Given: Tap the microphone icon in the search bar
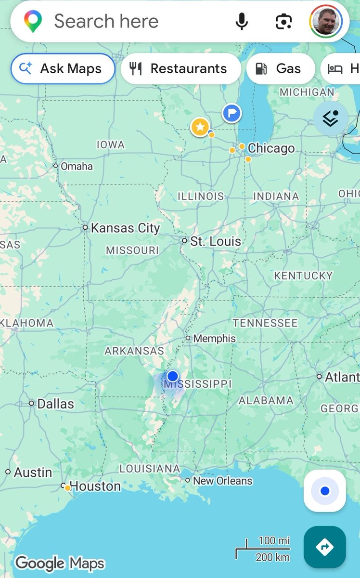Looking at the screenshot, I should (x=242, y=21).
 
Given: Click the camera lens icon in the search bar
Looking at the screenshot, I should (x=284, y=21).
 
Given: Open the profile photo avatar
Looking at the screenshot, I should (x=326, y=21).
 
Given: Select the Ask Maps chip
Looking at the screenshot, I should (x=63, y=68).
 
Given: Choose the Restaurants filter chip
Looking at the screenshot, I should (x=180, y=68).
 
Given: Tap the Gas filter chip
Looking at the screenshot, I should (x=281, y=68).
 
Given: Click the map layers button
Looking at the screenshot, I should (x=331, y=118).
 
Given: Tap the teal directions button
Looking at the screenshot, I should (x=325, y=547).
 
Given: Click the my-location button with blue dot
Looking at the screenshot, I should (x=325, y=491).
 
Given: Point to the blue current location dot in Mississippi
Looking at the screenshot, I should (x=172, y=376).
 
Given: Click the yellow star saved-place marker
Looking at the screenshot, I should (x=200, y=127).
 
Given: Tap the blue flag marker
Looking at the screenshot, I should (x=232, y=113).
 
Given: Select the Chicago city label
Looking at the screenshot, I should (x=271, y=148).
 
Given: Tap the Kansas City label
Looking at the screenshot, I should (x=125, y=228).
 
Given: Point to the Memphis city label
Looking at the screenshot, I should (x=214, y=339).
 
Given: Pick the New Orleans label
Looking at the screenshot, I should (x=222, y=481).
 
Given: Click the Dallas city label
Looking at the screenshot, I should (x=55, y=404).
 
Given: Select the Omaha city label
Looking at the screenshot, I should (x=77, y=166).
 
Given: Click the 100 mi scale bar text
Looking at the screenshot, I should (x=274, y=540).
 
